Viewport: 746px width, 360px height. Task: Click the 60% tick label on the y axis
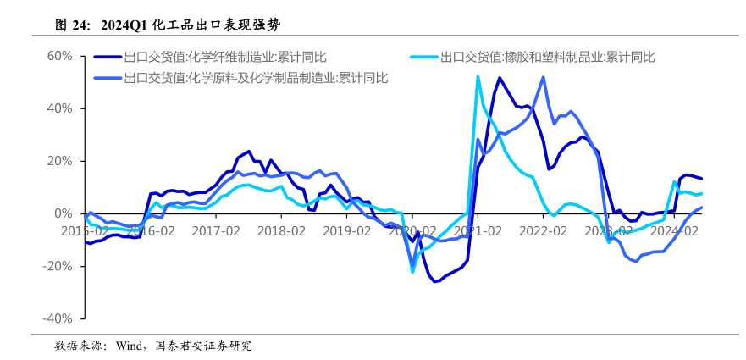tap(61, 56)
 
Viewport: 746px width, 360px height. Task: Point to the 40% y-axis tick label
tap(61, 108)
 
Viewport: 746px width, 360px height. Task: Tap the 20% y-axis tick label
tap(61, 161)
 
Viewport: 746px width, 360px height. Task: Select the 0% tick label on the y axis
tap(65, 213)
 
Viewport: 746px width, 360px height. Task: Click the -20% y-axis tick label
tap(59, 266)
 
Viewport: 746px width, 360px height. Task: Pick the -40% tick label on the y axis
tap(59, 318)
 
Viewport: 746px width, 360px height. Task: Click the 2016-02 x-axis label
tap(151, 230)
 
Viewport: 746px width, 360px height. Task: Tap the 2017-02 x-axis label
tap(216, 230)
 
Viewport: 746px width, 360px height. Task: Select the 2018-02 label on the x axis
tap(281, 230)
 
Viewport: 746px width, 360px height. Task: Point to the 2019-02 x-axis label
tap(346, 230)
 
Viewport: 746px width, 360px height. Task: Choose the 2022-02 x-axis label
tap(542, 230)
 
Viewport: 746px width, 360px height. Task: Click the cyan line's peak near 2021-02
tap(478, 77)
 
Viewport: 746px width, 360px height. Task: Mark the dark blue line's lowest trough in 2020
tap(435, 281)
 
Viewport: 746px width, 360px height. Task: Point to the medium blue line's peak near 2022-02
tap(543, 77)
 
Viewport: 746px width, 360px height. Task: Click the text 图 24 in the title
tap(72, 25)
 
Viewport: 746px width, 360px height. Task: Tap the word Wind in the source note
tap(130, 346)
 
